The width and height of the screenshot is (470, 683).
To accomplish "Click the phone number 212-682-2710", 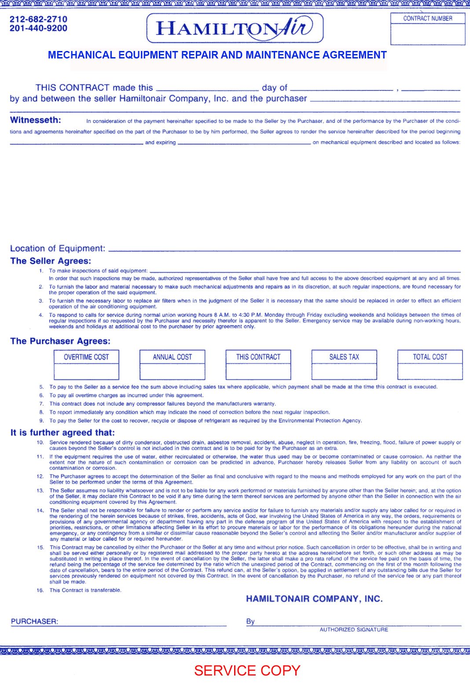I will [x=38, y=19].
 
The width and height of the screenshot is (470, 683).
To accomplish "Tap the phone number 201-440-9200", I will [x=38, y=29].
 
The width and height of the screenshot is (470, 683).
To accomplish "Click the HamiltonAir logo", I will [x=235, y=28].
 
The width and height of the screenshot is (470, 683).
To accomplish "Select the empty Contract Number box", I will [x=427, y=34].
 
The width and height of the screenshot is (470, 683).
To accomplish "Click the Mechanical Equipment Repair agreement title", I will [x=217, y=55].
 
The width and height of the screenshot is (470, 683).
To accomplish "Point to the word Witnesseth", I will [x=36, y=120].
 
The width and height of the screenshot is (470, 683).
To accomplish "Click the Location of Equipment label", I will [x=58, y=248].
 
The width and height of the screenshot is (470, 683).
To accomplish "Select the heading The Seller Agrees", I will [x=51, y=261].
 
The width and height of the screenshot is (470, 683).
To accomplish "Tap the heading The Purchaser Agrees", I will [x=60, y=341].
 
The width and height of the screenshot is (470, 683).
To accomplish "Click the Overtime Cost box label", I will [x=86, y=357].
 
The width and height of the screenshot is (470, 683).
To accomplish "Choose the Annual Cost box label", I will [x=172, y=357].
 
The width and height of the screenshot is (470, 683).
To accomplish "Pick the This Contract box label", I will [x=258, y=357].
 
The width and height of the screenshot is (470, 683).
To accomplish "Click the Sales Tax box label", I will [x=344, y=357].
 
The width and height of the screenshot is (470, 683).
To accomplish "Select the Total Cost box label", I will [x=430, y=357].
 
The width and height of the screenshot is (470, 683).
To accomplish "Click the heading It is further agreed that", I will [x=62, y=433].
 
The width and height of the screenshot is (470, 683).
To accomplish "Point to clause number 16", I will [x=40, y=590].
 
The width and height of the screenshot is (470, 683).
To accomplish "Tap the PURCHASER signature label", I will [x=34, y=621].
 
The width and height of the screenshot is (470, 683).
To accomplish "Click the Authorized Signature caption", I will [x=354, y=630].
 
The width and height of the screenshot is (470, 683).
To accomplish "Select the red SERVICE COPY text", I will [x=247, y=671].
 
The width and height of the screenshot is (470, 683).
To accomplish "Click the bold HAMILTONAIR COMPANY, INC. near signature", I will [x=314, y=599].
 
